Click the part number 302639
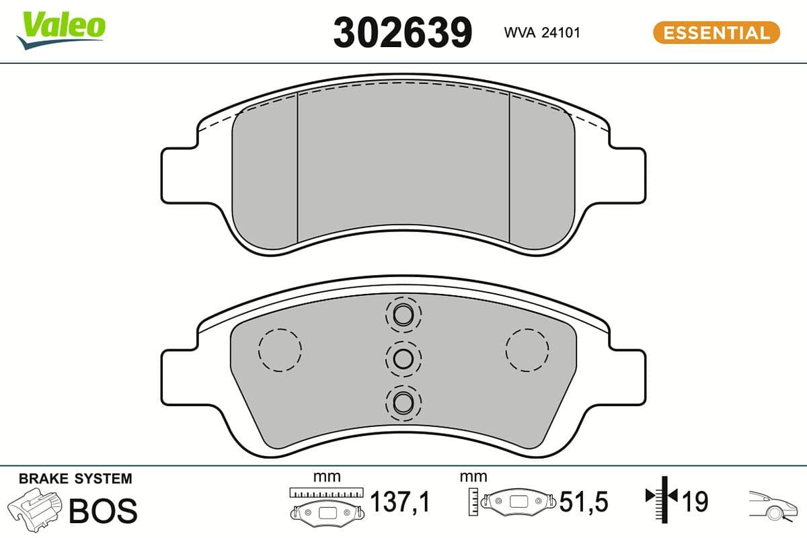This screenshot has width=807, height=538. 403,32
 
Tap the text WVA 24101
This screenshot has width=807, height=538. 542,32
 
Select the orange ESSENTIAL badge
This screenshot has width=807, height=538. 716,32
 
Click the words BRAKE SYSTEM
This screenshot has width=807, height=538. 75,479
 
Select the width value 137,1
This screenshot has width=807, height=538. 401,502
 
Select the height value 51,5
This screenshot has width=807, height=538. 584,502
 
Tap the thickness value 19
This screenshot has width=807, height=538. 695,502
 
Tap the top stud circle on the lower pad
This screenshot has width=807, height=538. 403,314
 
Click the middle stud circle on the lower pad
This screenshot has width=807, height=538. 403,358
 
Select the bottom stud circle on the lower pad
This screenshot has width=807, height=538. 403,402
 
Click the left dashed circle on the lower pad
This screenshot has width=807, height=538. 280,350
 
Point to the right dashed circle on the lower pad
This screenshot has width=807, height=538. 527,350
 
